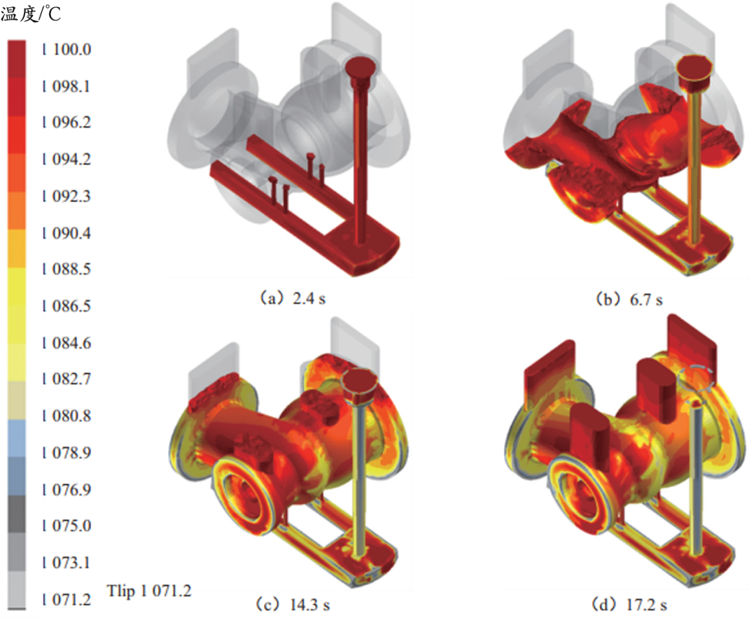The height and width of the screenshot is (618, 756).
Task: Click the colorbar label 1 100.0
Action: tap(66, 49)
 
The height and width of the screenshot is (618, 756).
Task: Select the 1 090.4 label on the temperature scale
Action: tap(66, 233)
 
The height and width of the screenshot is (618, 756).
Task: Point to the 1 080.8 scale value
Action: tap(66, 415)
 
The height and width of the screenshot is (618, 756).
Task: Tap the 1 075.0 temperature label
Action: tap(66, 525)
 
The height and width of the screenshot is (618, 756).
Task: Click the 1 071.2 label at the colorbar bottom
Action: tap(66, 600)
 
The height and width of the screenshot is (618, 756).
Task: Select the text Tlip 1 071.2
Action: tap(149, 591)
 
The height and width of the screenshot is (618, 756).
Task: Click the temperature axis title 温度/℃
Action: tap(31, 14)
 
